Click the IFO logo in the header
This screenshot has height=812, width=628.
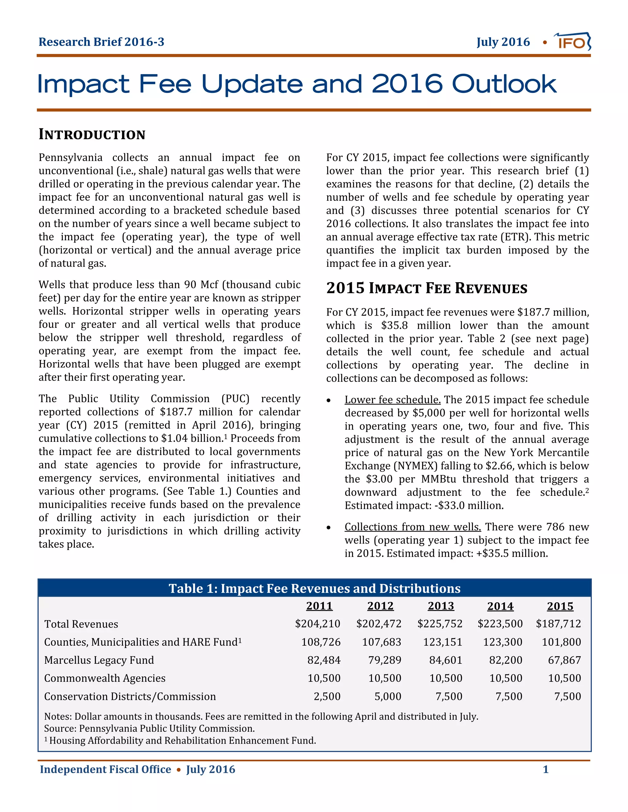coord(572,42)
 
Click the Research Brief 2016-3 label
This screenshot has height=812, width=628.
coord(101,42)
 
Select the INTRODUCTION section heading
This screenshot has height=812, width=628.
coord(92,134)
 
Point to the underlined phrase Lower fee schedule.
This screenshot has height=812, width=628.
coord(392,400)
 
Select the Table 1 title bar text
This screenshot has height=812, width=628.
coord(314,589)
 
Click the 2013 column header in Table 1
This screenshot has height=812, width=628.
coord(441,606)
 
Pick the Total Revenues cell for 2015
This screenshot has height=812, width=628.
coord(558,624)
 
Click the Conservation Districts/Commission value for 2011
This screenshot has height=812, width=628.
coord(327,696)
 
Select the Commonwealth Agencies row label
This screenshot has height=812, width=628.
coord(105,678)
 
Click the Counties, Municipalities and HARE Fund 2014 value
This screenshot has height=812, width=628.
coord(502,642)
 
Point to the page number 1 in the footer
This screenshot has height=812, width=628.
coord(546,769)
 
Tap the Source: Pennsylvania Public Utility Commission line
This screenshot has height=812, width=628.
coord(149,728)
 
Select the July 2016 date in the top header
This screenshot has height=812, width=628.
coord(503,42)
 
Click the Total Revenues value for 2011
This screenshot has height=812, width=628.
coord(317,624)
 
